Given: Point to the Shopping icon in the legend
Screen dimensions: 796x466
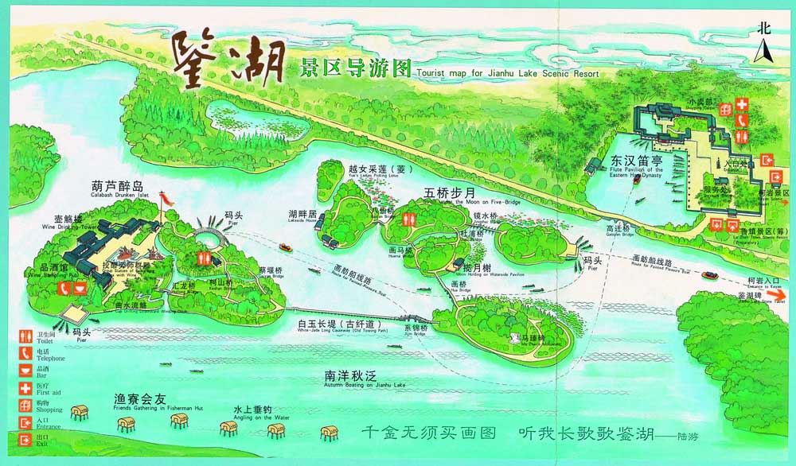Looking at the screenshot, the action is tap(25, 406).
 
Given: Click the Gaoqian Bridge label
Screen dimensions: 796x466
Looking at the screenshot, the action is tap(607, 233).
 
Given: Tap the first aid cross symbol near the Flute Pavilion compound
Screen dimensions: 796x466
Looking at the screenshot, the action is tap(741, 104).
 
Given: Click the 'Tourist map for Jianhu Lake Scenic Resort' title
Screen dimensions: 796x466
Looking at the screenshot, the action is tap(506, 74).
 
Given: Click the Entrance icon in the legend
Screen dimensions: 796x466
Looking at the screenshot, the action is tap(25, 422).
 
